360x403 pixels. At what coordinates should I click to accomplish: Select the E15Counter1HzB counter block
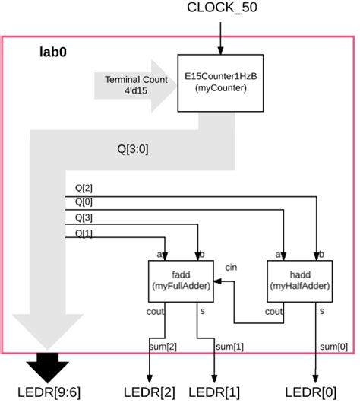coord(220,82)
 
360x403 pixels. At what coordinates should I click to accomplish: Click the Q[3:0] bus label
coord(133,150)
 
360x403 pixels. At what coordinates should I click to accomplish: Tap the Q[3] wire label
coord(83,218)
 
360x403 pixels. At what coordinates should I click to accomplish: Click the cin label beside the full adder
coord(232,268)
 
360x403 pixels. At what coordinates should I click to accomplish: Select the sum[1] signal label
coord(229,346)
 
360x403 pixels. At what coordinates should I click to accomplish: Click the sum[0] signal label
coord(329,346)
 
